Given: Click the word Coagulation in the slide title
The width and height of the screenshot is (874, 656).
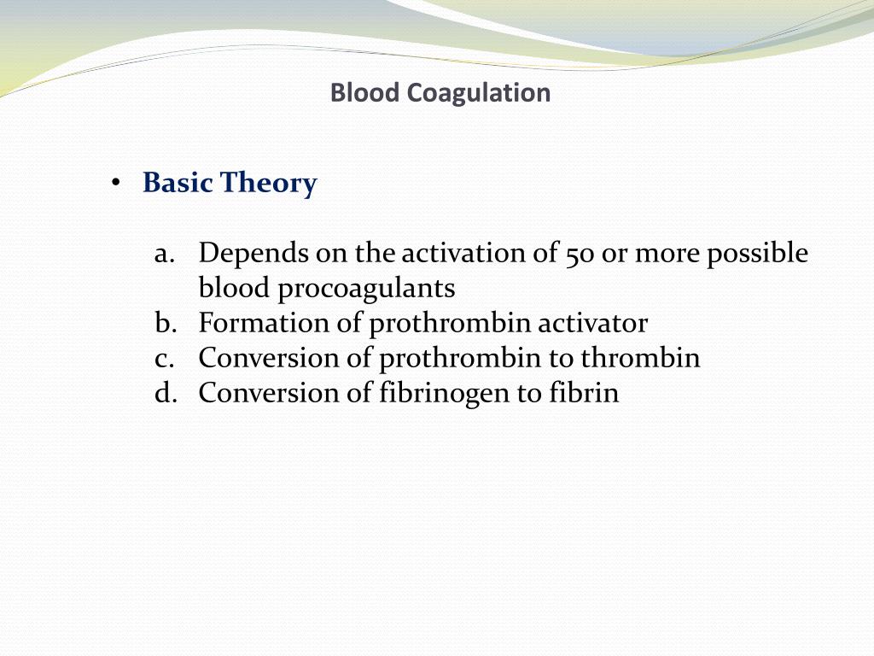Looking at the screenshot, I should tap(478, 92).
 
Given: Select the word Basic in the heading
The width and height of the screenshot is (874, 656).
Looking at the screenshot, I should tap(178, 183).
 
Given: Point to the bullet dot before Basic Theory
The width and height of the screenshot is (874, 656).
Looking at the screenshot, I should tap(115, 184).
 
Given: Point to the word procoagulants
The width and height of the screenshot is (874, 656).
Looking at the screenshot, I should tap(368, 290).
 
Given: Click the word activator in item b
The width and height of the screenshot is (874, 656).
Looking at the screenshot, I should tap(597, 324).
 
